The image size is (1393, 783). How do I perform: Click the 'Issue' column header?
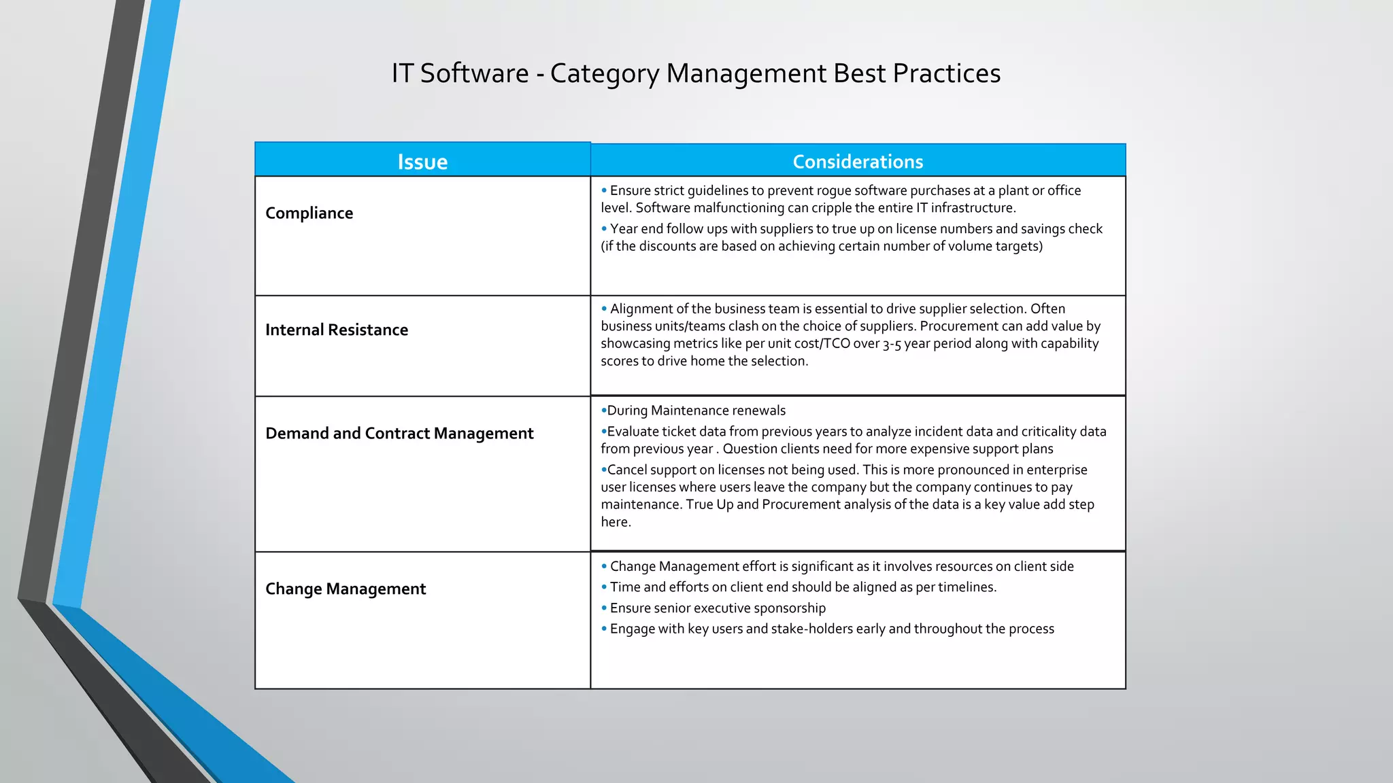click(422, 162)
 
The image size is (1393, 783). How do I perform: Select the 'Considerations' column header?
click(858, 162)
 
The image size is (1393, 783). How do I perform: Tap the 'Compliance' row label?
click(309, 213)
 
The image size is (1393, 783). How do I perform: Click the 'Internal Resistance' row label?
click(337, 330)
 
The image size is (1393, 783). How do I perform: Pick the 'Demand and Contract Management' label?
click(399, 434)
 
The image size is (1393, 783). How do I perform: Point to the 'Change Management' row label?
click(346, 589)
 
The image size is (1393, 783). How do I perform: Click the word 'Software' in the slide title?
click(474, 73)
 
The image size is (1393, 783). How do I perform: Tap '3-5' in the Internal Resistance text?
click(892, 345)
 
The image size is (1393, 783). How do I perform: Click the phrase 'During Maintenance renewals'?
click(696, 411)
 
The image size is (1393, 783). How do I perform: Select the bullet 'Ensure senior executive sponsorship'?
click(718, 608)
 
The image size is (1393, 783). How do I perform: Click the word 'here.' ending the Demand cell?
click(616, 522)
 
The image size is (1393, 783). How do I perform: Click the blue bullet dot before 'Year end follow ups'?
click(604, 229)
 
